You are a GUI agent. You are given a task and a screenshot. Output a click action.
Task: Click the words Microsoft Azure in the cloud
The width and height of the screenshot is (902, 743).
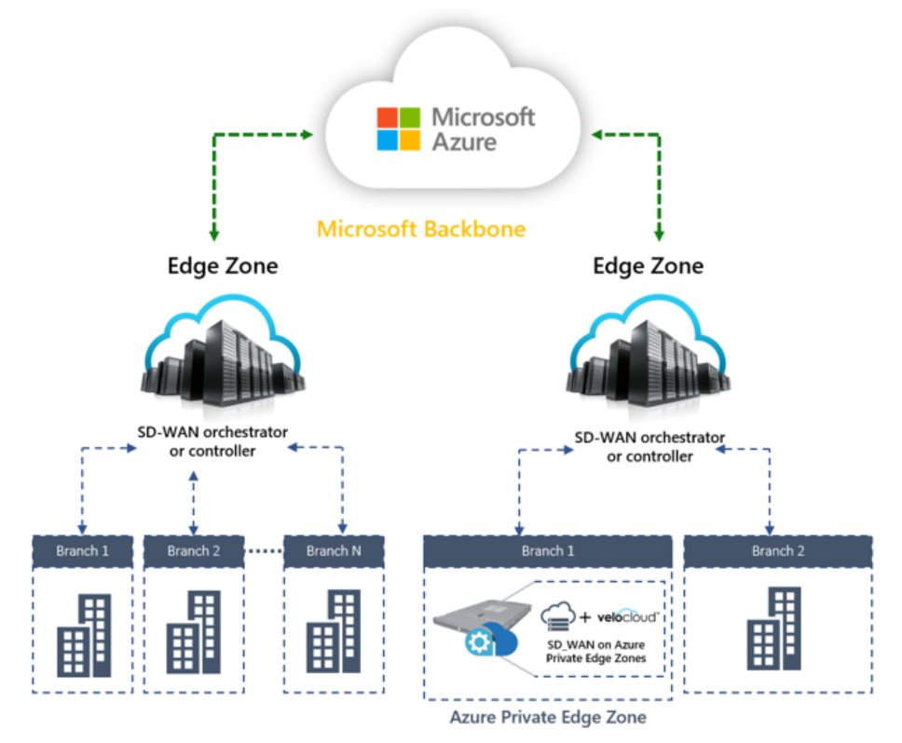click(483, 129)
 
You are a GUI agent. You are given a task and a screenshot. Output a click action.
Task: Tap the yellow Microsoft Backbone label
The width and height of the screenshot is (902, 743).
click(421, 229)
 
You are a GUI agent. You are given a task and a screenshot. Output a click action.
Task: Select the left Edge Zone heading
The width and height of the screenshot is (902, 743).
click(223, 266)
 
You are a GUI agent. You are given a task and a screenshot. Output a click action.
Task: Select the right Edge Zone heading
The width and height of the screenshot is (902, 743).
click(649, 266)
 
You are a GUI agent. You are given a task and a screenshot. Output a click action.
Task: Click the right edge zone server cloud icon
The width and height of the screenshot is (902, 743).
click(649, 359)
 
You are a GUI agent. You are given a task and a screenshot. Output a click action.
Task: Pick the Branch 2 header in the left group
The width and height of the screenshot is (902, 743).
click(194, 551)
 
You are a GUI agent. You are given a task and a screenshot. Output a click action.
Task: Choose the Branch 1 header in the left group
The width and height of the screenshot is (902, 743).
click(83, 551)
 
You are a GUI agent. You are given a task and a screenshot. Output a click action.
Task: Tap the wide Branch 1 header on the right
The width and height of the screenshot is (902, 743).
click(547, 551)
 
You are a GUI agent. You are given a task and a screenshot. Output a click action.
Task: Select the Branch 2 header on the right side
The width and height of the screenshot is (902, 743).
click(778, 551)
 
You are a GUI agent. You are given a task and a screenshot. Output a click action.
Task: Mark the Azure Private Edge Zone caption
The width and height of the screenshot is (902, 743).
click(547, 718)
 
